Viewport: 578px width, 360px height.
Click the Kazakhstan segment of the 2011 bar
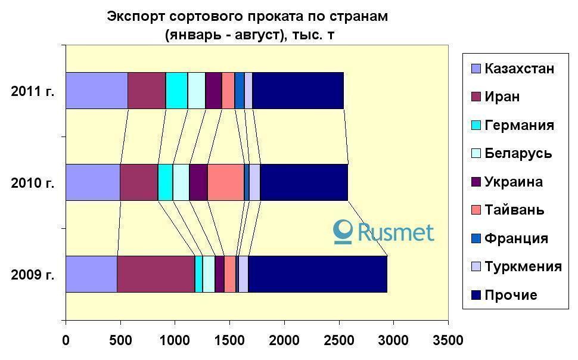97,91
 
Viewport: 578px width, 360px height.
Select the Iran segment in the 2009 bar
156,274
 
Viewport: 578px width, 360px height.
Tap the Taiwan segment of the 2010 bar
226,182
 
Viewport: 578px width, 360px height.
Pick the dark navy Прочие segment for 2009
318,274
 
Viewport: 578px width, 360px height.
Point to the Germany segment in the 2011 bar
177,91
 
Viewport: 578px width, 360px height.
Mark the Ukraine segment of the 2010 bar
198,182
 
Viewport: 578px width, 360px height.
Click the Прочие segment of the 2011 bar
298,91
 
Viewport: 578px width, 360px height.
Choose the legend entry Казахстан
519,69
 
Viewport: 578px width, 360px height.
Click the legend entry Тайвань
514,210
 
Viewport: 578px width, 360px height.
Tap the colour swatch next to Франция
476,239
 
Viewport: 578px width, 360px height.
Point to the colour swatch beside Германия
476,126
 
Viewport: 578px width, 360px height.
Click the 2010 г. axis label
33,183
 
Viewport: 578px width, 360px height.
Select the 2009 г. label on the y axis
33,275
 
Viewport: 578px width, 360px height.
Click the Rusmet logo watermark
384,232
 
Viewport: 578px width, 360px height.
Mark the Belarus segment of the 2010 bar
181,182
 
